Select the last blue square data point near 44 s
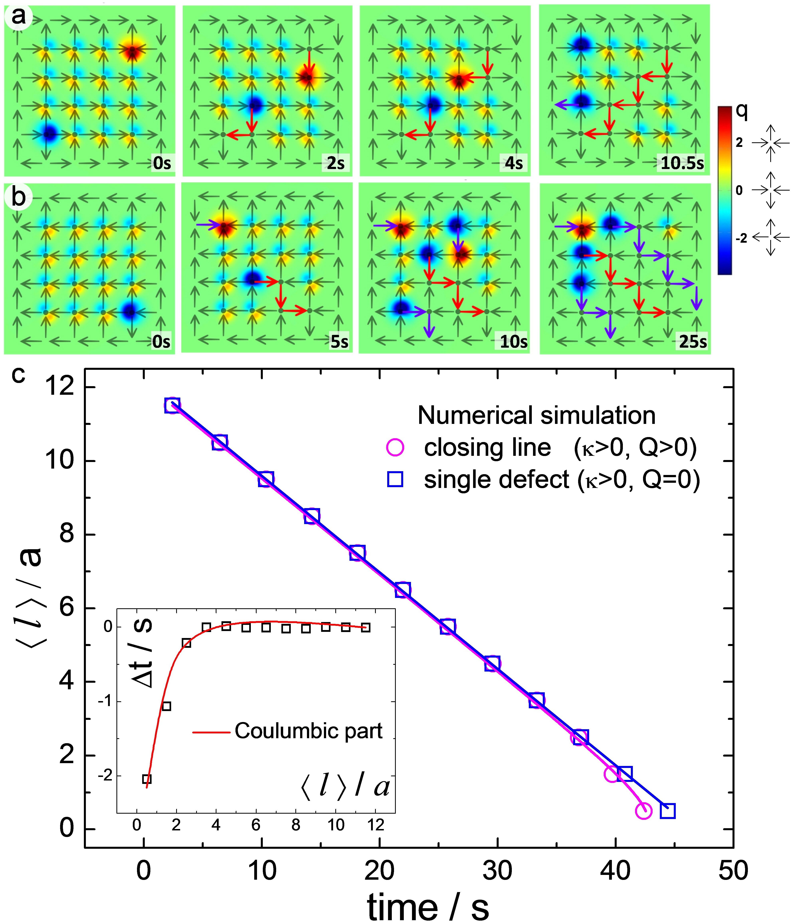pos(667,811)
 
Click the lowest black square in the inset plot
pos(147,779)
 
